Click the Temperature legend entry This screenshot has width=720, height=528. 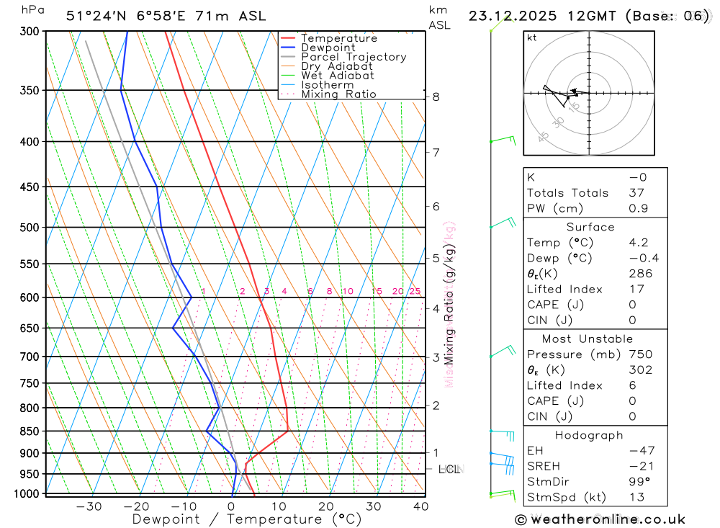coord(338,38)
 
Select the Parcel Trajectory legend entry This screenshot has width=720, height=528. coord(354,57)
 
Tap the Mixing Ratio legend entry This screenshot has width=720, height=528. coord(338,94)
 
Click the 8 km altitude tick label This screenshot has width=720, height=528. coord(436,97)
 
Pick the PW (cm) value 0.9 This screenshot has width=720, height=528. coord(637,208)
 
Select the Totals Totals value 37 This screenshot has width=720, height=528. coord(636,193)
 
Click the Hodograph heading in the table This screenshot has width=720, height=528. coord(590,435)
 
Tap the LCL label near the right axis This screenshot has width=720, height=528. coord(449,470)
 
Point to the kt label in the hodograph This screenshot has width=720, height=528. coord(532,37)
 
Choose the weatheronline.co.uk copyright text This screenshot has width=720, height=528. coord(600,519)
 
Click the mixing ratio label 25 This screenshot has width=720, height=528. coord(415,291)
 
